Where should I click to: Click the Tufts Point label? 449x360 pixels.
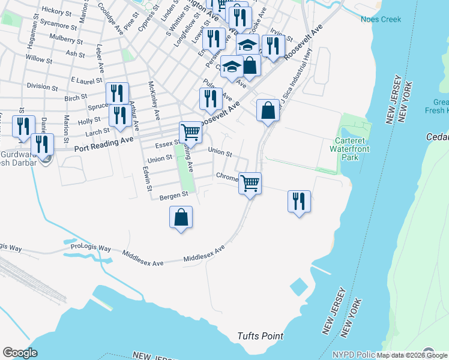[260, 336]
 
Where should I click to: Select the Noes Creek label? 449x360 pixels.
[381, 19]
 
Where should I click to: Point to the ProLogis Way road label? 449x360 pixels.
[91, 247]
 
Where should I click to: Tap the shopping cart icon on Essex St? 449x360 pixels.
[190, 131]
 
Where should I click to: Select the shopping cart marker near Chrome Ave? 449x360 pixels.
[250, 182]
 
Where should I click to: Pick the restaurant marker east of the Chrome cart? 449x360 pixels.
[298, 200]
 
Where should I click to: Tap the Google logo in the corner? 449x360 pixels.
[20, 353]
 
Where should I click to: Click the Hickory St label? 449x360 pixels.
[57, 11]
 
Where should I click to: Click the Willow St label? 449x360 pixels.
[39, 59]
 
